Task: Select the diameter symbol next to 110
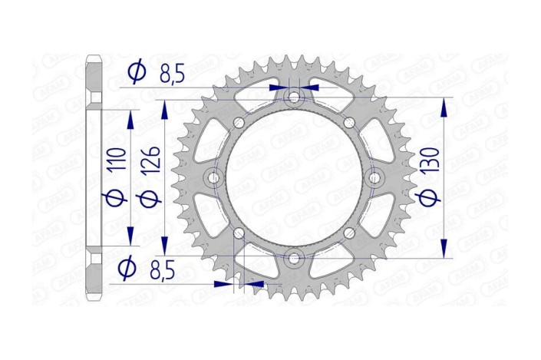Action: [113, 198]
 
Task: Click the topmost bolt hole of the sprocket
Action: [292, 97]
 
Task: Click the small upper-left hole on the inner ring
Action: [238, 124]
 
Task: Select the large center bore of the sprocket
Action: [292, 178]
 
